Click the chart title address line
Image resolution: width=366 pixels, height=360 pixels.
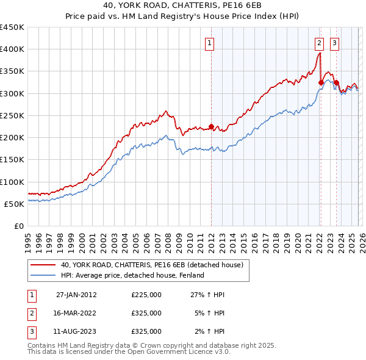(182, 6)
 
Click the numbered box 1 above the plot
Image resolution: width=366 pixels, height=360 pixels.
(209, 43)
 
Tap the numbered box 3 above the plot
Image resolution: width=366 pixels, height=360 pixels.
(335, 43)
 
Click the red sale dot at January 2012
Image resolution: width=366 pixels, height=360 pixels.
(211, 127)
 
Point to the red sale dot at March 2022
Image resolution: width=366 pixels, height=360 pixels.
(321, 82)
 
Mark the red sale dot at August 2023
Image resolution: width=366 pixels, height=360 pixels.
(336, 82)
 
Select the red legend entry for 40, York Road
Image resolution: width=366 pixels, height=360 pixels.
(152, 265)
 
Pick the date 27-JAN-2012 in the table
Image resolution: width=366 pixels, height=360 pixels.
(76, 294)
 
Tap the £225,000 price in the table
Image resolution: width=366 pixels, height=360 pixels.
(146, 294)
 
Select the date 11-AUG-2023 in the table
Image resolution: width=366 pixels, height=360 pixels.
(76, 331)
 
